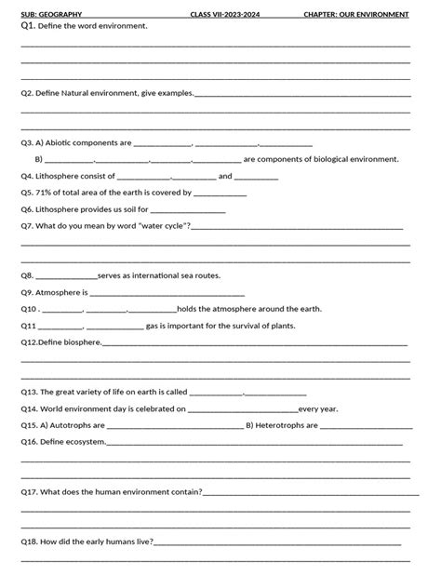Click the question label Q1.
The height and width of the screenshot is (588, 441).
[x=28, y=26]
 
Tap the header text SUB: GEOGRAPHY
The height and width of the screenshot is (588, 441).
[x=52, y=15]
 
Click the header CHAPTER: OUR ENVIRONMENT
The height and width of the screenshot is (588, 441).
[x=356, y=15]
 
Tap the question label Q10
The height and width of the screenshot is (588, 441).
[x=29, y=309]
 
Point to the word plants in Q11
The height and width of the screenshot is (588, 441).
[x=282, y=326]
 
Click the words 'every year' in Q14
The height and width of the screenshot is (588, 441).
[x=318, y=408]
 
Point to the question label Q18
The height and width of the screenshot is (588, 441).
[x=29, y=541]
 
